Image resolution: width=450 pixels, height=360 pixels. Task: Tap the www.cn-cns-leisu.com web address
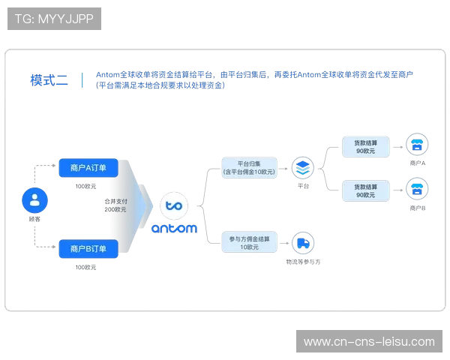tap(369, 342)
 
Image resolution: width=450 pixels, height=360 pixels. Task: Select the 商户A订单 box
tap(88, 169)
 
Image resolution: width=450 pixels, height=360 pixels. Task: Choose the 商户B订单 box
tap(88, 248)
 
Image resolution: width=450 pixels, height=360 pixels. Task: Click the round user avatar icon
tap(34, 200)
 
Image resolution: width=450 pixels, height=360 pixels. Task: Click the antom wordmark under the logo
tap(174, 227)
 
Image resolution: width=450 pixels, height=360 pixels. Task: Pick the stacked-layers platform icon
tap(302, 166)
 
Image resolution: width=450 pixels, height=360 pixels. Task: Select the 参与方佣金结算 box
tap(249, 241)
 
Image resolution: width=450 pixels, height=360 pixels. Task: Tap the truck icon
tap(303, 241)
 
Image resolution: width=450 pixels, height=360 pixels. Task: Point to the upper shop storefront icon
tap(417, 144)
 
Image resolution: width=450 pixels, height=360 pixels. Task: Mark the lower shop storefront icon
tap(417, 187)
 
